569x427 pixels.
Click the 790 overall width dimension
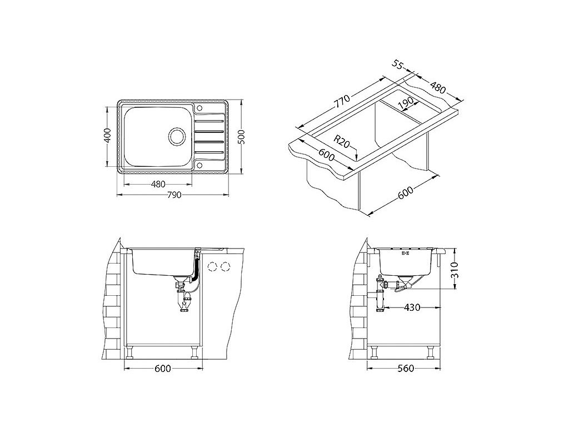174,195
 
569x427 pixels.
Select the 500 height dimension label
242,137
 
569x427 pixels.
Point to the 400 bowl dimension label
107,136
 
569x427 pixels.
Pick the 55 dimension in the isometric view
398,64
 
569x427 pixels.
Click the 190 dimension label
405,104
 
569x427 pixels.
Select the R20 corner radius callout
342,141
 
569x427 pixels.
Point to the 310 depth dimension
455,270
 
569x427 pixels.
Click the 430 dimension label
412,307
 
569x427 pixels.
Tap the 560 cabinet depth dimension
405,369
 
